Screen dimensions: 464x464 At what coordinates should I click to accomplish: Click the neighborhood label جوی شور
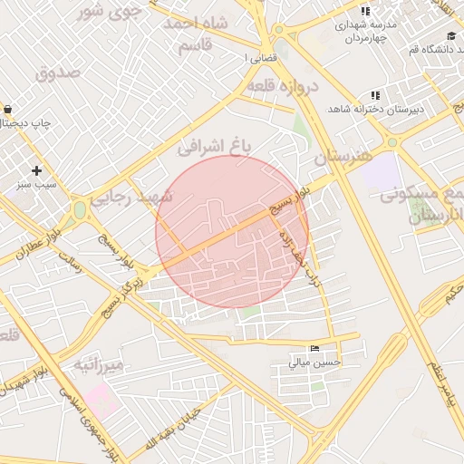point(110,11)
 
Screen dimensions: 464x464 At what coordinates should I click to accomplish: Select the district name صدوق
point(59,72)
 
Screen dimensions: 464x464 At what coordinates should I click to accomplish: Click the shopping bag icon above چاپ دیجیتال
point(8,109)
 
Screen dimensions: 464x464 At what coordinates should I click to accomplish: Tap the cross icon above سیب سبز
point(36,170)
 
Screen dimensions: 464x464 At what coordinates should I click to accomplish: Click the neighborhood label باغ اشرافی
point(214,143)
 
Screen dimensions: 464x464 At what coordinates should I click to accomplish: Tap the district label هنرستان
point(343,156)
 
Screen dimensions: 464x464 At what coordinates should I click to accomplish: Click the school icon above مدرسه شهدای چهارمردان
point(365,12)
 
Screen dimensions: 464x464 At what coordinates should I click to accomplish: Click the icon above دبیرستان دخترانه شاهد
point(375,96)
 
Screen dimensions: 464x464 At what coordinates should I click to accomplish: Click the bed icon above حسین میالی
point(314,349)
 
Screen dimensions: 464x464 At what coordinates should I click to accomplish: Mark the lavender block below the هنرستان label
point(382,171)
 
